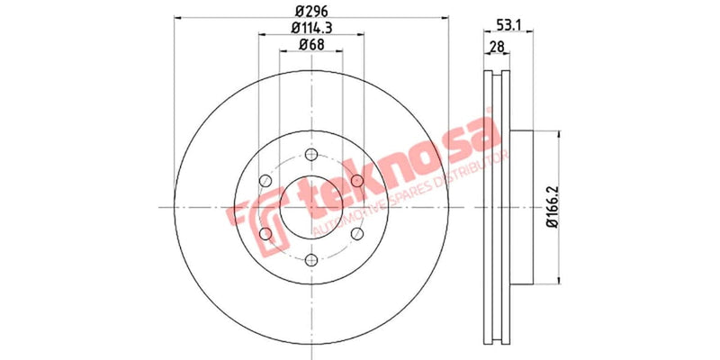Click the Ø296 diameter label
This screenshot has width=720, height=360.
(x=311, y=12)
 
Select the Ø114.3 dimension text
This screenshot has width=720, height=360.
(x=311, y=29)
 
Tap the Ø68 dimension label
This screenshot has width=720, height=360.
(x=311, y=46)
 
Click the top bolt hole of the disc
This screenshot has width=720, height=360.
(x=311, y=154)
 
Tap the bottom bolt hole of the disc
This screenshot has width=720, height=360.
(x=311, y=261)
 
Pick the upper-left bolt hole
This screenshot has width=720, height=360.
(x=265, y=181)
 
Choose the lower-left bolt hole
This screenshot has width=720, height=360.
(x=265, y=235)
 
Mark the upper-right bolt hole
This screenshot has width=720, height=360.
(x=357, y=182)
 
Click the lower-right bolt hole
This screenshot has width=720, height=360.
(x=357, y=235)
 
